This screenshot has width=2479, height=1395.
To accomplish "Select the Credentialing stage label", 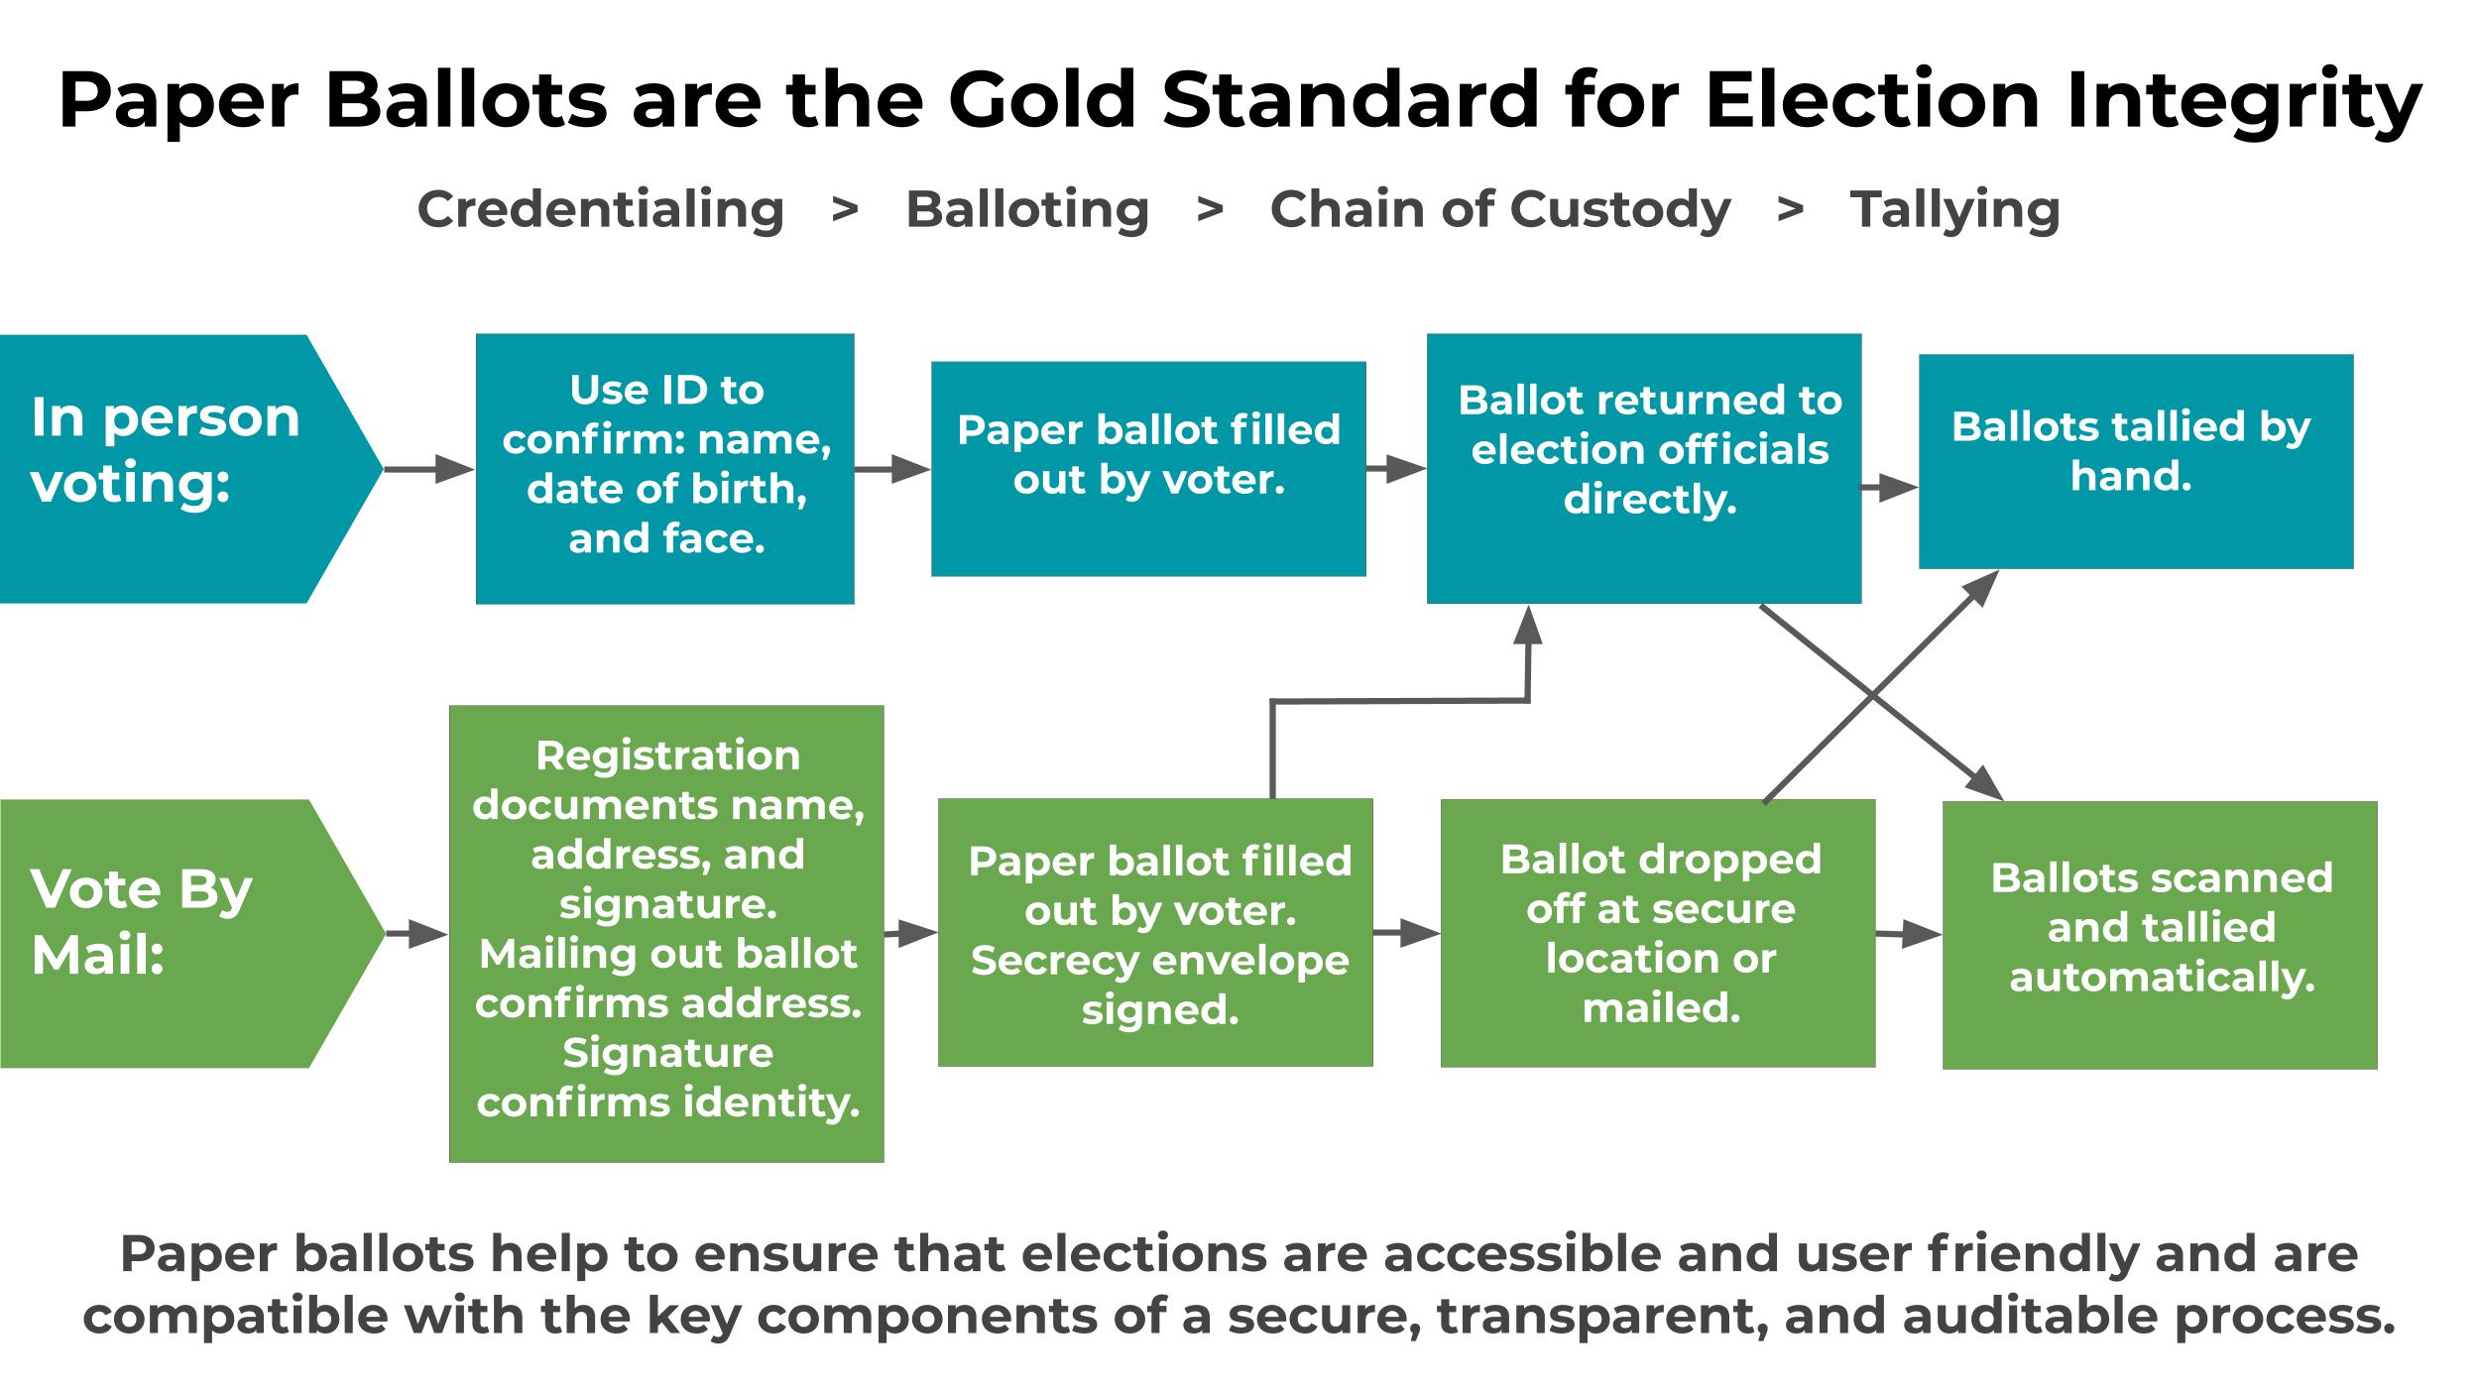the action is (601, 210).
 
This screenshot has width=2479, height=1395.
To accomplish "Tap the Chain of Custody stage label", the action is (1500, 210).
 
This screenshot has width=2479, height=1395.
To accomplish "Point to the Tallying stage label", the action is (1954, 210).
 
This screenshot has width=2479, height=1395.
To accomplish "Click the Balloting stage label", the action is (1027, 210).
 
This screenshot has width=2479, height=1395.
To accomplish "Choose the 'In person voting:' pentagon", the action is (191, 469).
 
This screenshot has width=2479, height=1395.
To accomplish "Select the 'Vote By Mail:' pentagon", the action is (192, 933).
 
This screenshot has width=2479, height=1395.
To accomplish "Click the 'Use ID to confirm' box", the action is (665, 469).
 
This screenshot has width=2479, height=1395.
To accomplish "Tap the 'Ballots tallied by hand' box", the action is (2136, 461).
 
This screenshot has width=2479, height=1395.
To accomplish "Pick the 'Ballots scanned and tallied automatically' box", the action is (2160, 935).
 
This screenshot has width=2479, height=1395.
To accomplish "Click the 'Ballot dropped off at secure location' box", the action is (1658, 933).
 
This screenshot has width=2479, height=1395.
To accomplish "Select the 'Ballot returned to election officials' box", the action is (1644, 469).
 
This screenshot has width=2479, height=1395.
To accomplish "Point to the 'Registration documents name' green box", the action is (666, 934).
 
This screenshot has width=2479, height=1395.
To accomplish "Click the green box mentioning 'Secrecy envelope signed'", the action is (1156, 933).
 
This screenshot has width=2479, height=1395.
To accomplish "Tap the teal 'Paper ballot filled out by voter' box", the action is (1148, 469).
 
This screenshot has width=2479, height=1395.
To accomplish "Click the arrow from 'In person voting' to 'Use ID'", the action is (429, 469).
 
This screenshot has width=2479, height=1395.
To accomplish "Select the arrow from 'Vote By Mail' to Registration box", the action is (417, 933).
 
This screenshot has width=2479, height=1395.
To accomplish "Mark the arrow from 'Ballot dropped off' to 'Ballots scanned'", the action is (1909, 934).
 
